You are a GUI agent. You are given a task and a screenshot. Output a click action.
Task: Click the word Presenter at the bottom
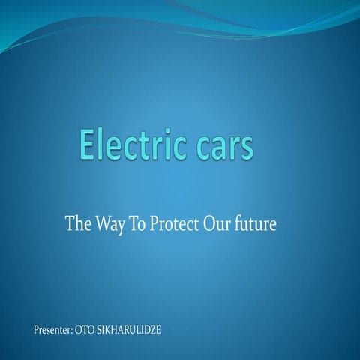point(52,329)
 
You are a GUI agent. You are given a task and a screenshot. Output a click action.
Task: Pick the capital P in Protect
point(160,223)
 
